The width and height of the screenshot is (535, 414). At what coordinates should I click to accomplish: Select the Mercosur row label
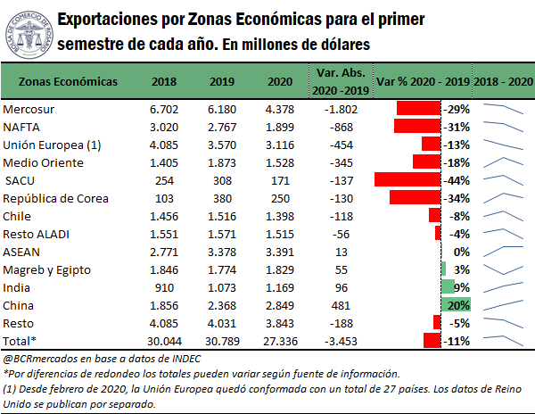[x=28, y=109]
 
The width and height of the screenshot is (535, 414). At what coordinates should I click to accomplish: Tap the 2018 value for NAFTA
[x=165, y=127]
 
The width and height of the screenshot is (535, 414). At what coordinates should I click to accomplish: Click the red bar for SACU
[x=407, y=179]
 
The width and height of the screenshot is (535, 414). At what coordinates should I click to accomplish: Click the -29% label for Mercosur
[x=457, y=109]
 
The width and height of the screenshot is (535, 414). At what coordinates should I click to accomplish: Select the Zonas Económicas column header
[x=68, y=81]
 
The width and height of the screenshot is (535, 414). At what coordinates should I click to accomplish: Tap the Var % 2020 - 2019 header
[x=424, y=81]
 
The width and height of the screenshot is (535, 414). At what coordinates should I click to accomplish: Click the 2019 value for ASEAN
[x=222, y=251]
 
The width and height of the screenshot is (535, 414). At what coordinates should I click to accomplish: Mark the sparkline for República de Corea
[x=502, y=197]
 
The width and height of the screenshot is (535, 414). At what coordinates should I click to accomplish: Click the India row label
[x=19, y=286]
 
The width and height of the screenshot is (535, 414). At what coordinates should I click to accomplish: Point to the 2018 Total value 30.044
[x=165, y=340]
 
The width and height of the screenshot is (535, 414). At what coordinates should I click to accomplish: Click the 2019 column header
[x=222, y=81]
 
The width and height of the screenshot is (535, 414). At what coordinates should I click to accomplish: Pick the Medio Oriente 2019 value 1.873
[x=222, y=161]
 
